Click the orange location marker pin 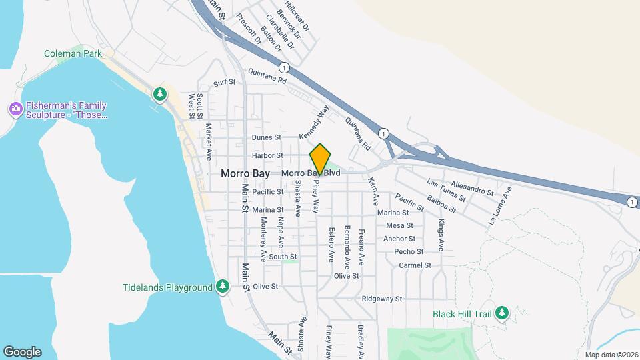coord(321,159)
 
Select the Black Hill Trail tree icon coord(502,313)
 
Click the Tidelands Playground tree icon coord(223,287)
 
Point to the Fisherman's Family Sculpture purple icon coord(15,108)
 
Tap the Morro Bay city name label coord(245,173)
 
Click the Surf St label coord(225,83)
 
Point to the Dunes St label coord(267,137)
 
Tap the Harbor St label coord(268,156)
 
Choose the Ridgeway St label coord(382,299)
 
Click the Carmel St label coord(415,265)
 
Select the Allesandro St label coord(472,188)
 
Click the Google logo coord(23,351)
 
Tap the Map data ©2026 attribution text coord(611,355)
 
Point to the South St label coord(283,256)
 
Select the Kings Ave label coord(440,235)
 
